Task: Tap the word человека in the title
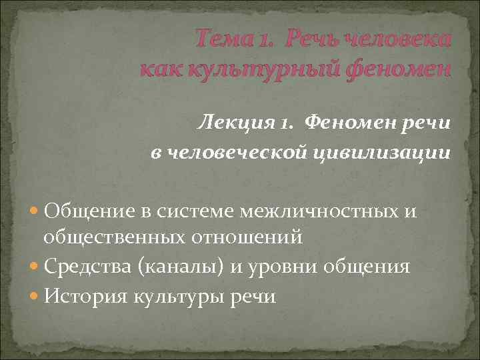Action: (x=399, y=39)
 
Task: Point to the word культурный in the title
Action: (x=249, y=67)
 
